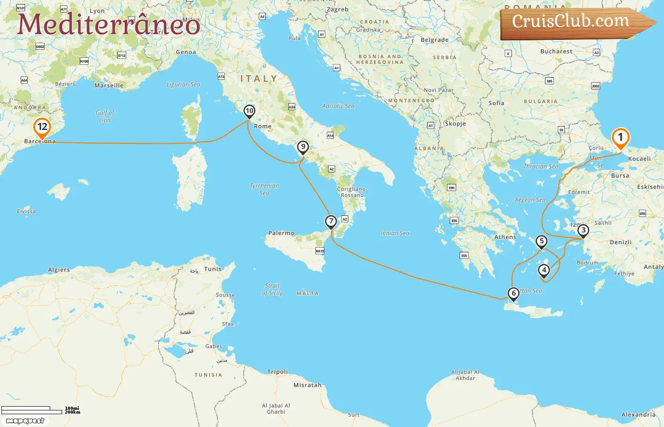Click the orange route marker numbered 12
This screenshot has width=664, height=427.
42,127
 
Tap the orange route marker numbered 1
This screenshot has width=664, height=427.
620,138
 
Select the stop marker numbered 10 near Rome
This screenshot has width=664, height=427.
249,111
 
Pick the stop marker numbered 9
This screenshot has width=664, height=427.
303,147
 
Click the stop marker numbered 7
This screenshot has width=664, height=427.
331,222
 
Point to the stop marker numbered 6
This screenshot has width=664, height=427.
513,294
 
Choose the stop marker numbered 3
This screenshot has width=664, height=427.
583,231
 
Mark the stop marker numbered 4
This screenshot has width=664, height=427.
544,270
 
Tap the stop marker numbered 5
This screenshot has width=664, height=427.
541,241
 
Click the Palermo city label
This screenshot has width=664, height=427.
281,233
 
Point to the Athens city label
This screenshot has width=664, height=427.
505,237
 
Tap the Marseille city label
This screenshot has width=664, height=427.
109,85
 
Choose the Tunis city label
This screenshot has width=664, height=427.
212,269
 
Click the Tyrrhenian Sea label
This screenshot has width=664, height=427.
264,189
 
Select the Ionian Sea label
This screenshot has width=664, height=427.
395,233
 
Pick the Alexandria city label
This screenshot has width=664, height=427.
638,414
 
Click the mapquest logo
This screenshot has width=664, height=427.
25,421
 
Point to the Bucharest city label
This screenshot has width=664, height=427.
556,51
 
